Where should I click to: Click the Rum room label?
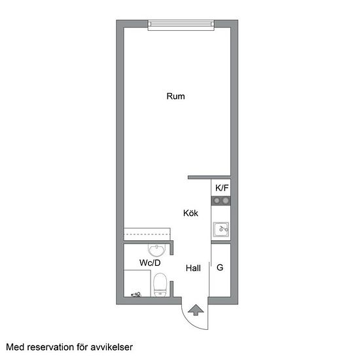coord(175,96)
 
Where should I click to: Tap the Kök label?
coord(190,213)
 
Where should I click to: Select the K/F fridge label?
coord(222,188)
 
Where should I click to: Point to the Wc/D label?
coord(150,262)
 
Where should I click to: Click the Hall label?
coord(193,268)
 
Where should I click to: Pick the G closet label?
coord(220,268)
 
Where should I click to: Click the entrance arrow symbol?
coord(196,310)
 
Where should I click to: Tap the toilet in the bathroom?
coord(160,285)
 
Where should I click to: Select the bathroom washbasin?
coord(157,250)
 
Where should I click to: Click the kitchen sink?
coord(221,229)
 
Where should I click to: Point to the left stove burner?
coord(217,201)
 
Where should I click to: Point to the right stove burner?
coord(226,201)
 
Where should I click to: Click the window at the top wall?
coord(181,26)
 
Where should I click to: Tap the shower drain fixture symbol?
coord(136,295)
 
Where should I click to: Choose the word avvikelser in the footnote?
coord(111,347)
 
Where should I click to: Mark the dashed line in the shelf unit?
coord(147,234)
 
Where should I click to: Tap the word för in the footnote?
coord(82,347)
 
